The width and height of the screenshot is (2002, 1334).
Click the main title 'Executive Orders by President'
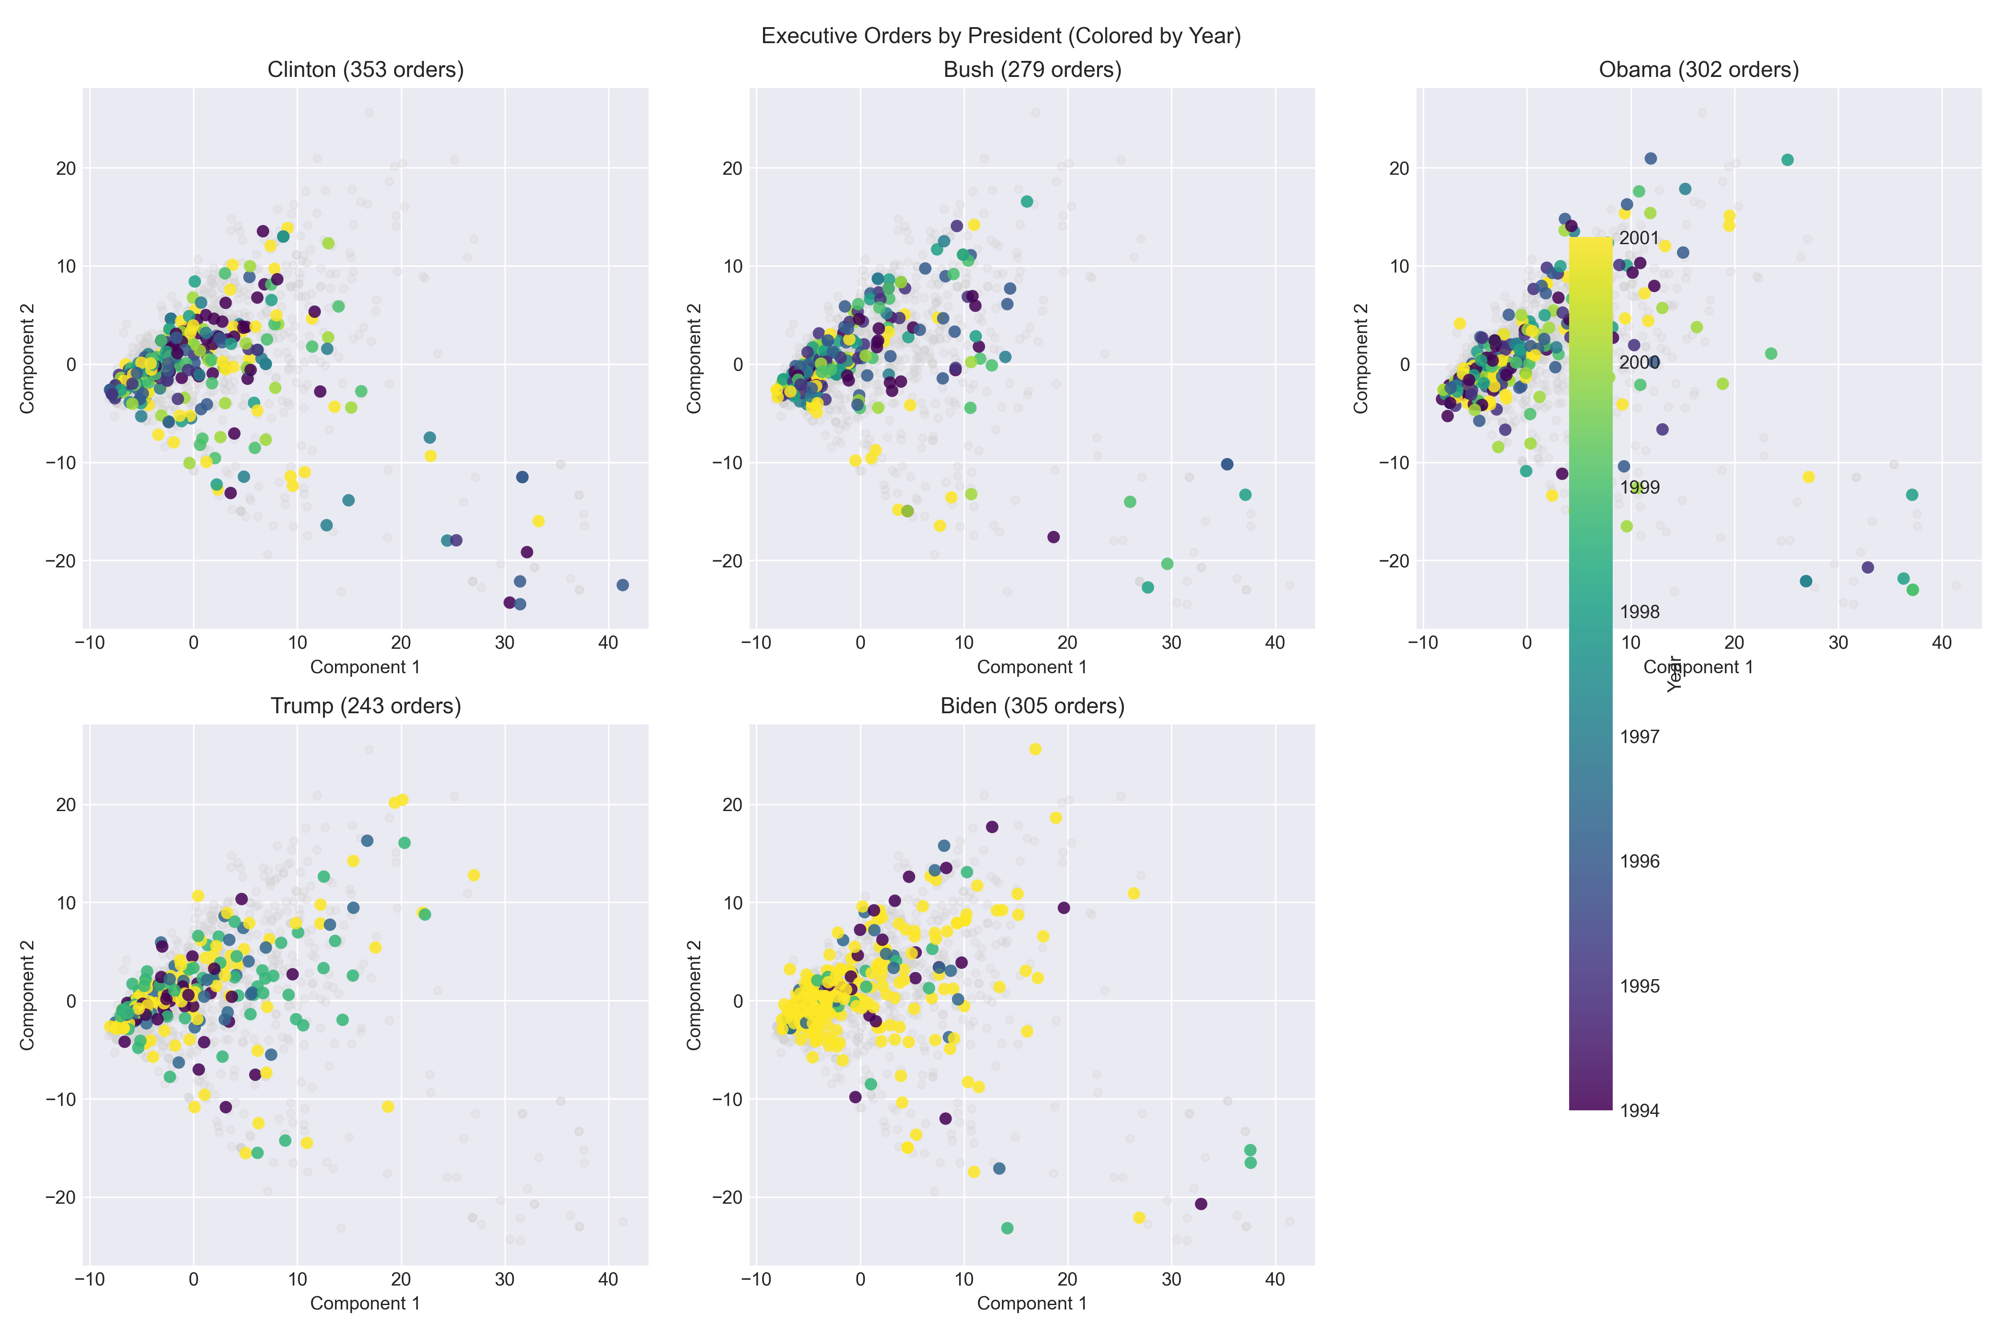[x=1001, y=36]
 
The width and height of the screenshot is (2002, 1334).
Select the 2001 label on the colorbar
[x=1639, y=238]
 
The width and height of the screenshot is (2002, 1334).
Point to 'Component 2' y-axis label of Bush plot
[x=694, y=358]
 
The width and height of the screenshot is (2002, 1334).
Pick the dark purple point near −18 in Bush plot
[x=1053, y=537]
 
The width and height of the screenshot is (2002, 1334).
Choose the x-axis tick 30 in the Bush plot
[x=1171, y=643]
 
